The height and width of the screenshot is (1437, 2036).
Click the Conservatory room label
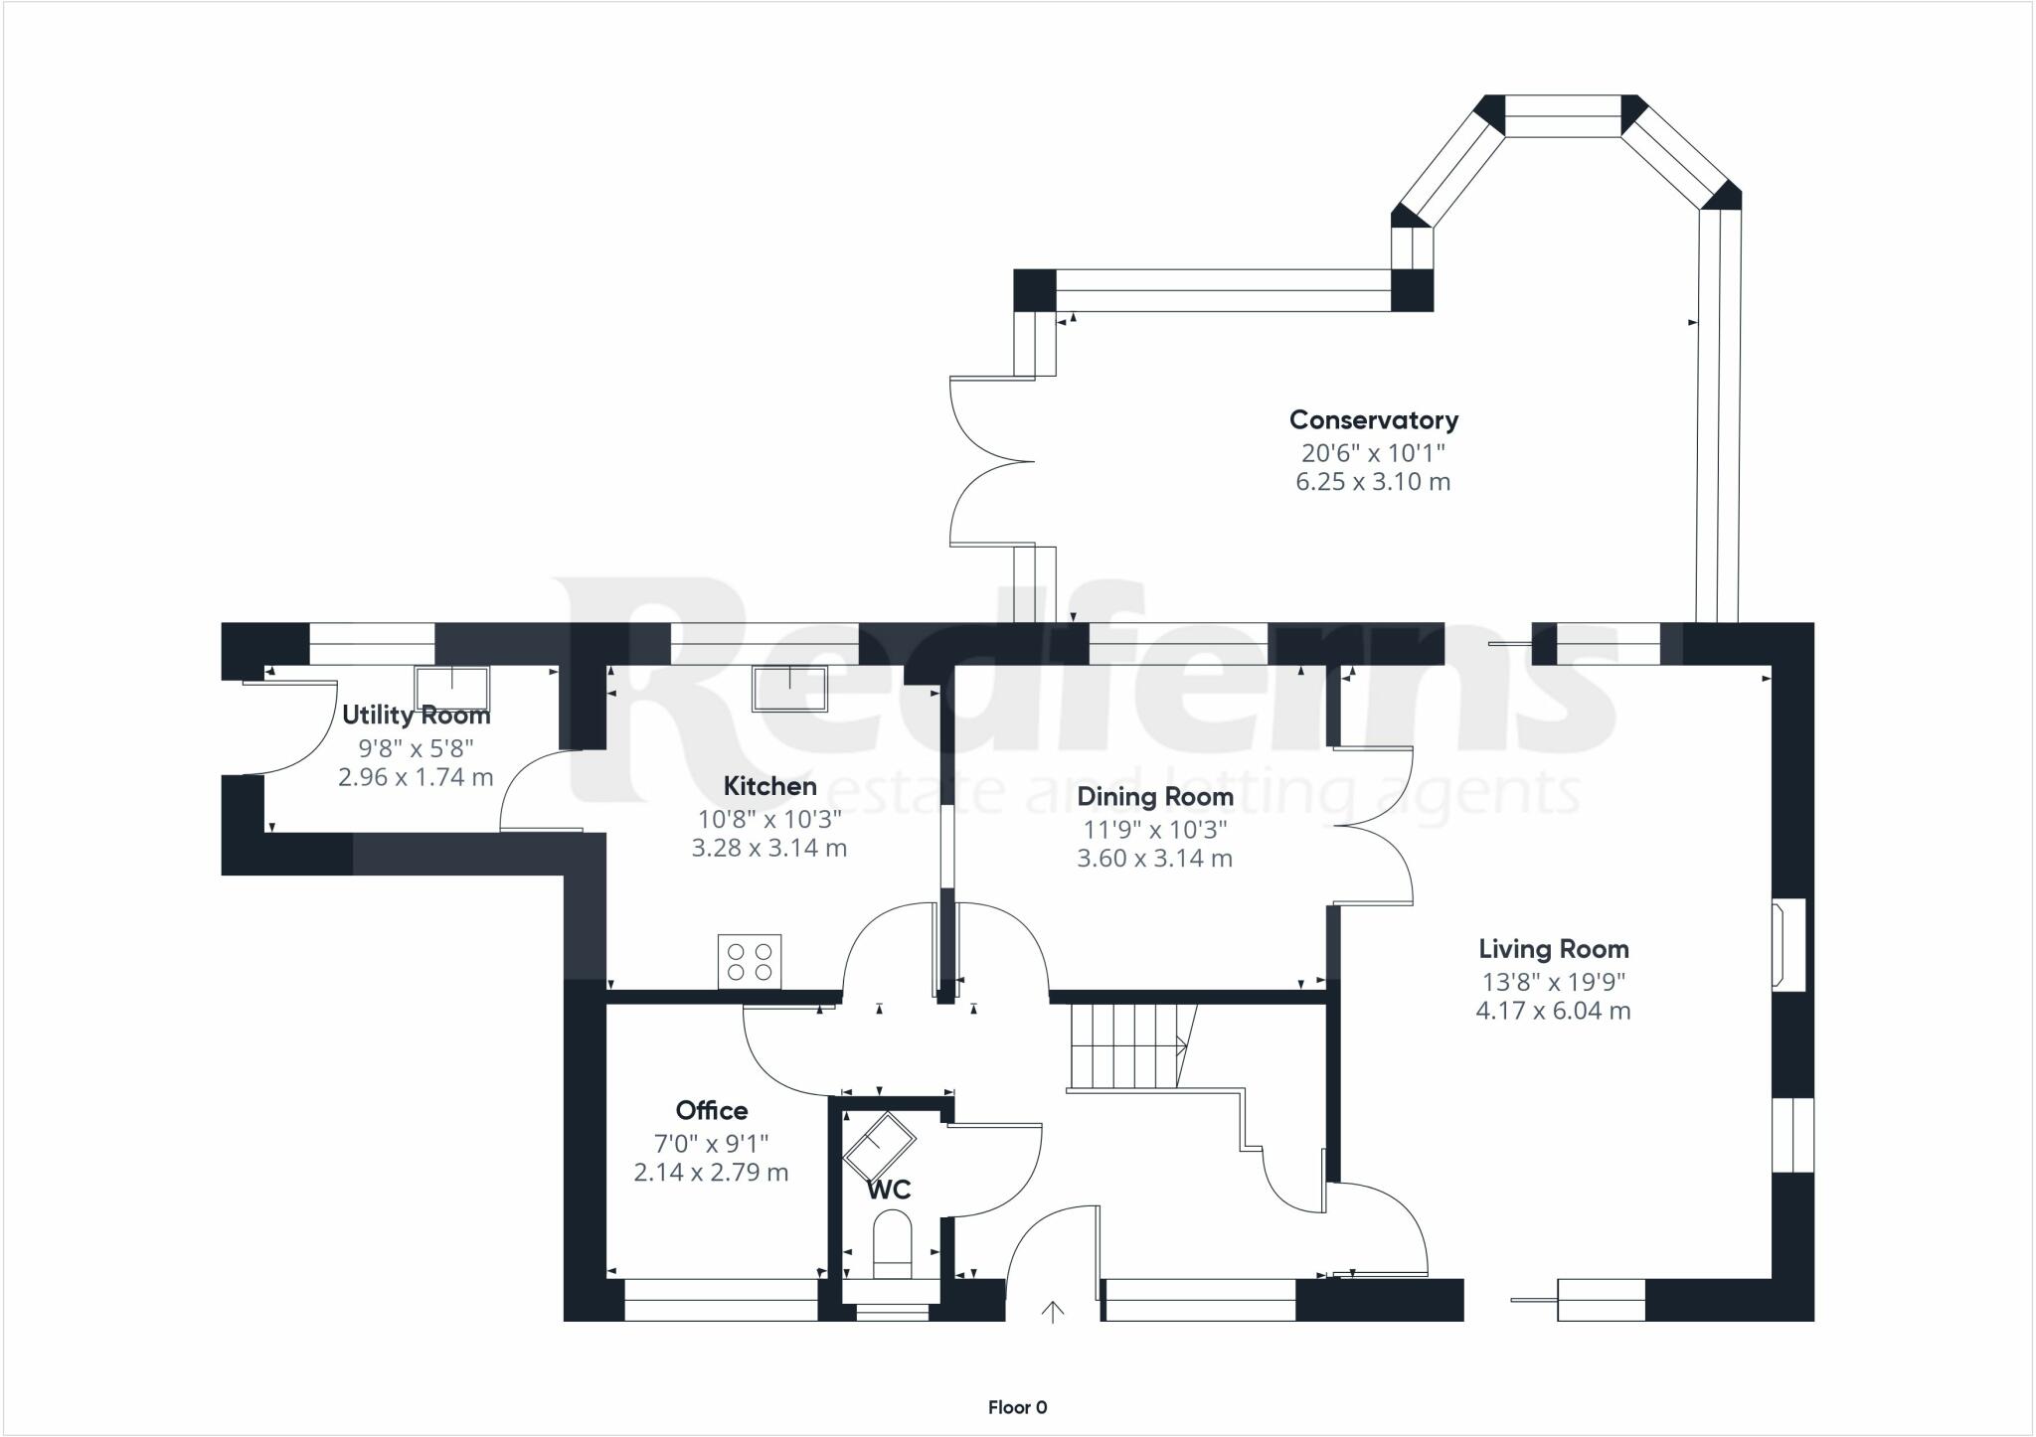pos(1374,420)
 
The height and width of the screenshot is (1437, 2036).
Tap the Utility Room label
pos(417,716)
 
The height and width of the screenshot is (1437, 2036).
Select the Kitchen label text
pos(770,786)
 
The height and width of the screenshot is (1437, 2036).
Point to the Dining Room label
pos(1155,797)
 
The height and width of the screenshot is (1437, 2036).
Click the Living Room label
pos(1554,950)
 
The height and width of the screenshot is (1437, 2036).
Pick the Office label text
pos(712,1110)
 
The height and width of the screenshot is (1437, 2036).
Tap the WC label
pos(889,1191)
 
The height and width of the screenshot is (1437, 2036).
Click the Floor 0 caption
pos(1018,1407)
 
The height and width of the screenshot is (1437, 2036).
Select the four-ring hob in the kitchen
pos(750,961)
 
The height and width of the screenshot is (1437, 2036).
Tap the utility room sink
pos(452,688)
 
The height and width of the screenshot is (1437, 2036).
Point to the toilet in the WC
pos(892,1250)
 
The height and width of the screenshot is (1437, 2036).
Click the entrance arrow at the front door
pos(1052,1312)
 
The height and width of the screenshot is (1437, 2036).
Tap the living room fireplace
pos(1787,944)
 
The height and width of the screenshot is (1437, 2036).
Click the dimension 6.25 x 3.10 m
pos(1373,483)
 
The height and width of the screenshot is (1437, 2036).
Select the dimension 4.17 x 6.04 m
pos(1553,1012)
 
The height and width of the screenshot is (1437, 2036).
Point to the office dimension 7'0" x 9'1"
pos(712,1144)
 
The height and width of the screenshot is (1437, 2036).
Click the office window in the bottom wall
pos(721,1300)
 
